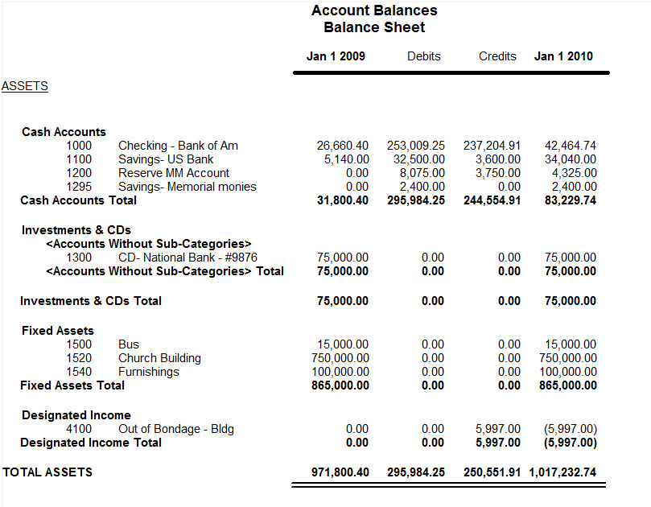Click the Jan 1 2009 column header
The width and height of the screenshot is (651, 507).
pos(336,56)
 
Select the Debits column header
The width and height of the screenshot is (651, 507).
pos(424,56)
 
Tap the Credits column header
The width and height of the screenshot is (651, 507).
pos(497,56)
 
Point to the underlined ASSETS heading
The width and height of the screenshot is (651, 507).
pos(25,86)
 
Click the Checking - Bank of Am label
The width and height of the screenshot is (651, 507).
pos(178,146)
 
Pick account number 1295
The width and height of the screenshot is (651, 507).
pos(79,187)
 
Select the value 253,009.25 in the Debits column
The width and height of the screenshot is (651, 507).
pos(416,146)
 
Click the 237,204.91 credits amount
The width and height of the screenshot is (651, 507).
pos(492,146)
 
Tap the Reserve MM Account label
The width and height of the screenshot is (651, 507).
pos(174,173)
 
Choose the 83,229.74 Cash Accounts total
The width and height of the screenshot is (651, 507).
pos(571,200)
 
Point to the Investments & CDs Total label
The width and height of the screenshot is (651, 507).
pos(91,301)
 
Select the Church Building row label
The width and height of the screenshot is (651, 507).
pos(159,358)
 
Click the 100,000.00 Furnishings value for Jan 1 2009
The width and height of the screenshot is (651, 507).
pos(340,372)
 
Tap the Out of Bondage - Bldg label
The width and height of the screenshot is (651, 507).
pos(176,429)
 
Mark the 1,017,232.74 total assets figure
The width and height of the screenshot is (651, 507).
pos(562,472)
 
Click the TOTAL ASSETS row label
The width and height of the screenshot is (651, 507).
pos(47,472)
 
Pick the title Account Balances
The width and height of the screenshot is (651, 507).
pos(374,10)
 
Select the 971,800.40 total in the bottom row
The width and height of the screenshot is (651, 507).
pos(340,472)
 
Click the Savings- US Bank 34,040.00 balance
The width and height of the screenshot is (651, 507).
pos(571,159)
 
